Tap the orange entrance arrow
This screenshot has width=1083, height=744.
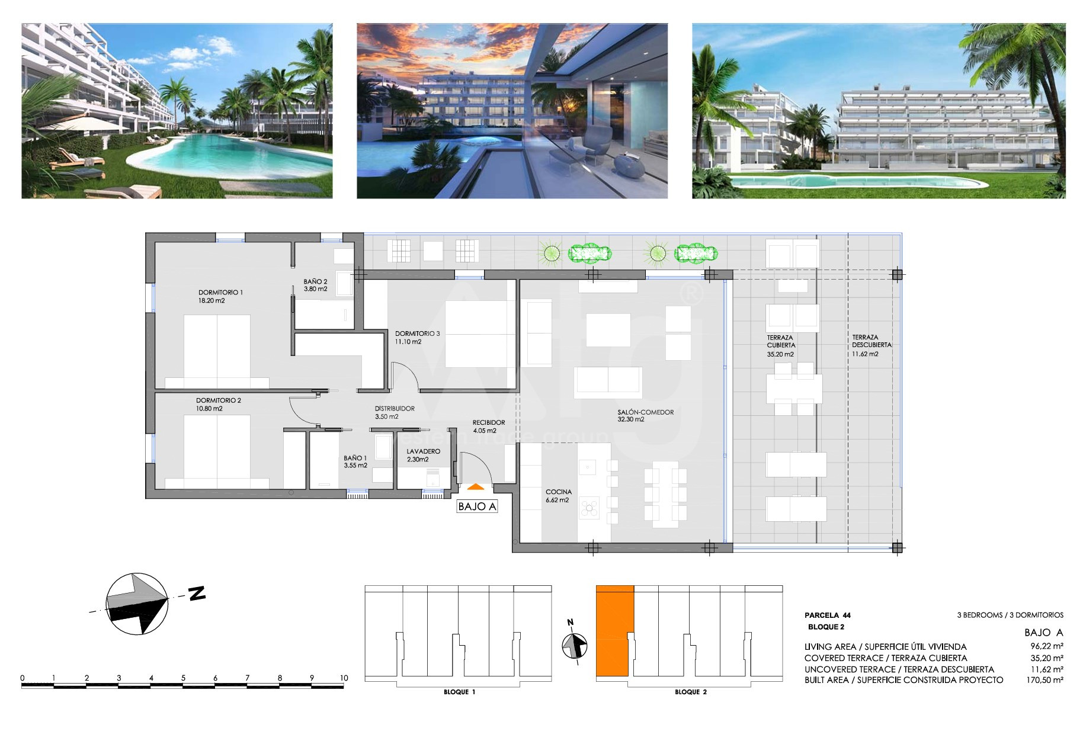tap(476, 487)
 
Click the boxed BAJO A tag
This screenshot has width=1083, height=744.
tap(477, 506)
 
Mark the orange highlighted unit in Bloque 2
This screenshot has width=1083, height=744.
tap(614, 631)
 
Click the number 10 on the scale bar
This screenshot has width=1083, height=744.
tap(344, 678)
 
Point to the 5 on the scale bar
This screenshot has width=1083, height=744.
tap(183, 678)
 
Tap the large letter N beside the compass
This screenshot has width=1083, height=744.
tap(197, 594)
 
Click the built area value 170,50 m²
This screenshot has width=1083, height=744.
tap(1044, 680)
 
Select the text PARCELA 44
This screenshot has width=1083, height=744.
tap(828, 615)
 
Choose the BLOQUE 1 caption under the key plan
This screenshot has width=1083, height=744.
tap(459, 692)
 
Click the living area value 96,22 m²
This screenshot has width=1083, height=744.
tap(1046, 647)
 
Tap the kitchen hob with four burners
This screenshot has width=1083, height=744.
tap(589, 507)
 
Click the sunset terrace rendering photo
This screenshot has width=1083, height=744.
tap(512, 111)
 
